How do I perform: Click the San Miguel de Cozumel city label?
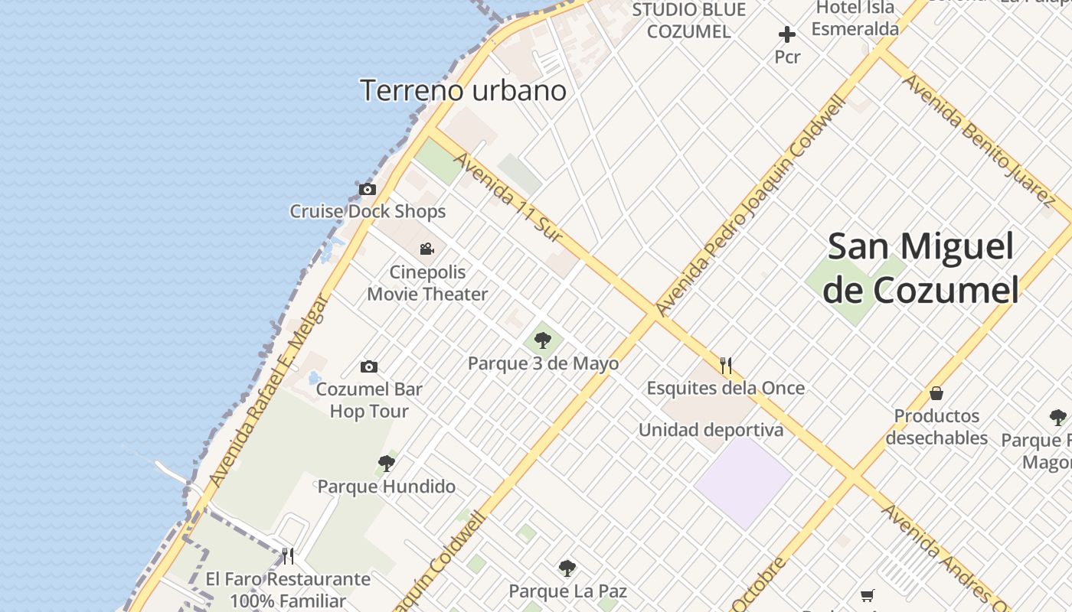(x=922, y=269)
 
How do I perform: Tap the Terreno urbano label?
(x=463, y=90)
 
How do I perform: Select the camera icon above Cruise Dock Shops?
(x=368, y=189)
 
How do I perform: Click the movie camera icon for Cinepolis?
(x=427, y=249)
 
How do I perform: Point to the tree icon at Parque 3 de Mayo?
(x=543, y=340)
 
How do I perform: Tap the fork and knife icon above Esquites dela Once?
(x=726, y=365)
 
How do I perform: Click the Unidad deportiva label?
(x=711, y=430)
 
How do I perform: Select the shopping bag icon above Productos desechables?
(x=936, y=394)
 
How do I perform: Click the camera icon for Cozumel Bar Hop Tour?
(x=369, y=366)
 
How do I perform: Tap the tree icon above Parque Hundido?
(x=387, y=463)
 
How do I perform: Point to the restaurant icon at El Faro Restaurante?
(x=288, y=555)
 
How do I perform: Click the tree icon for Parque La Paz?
(x=567, y=568)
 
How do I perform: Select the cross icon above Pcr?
(x=786, y=34)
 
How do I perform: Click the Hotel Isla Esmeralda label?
(x=855, y=18)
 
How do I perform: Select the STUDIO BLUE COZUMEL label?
(x=688, y=21)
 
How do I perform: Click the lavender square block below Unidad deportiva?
(x=743, y=482)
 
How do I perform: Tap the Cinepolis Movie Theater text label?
(x=427, y=283)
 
